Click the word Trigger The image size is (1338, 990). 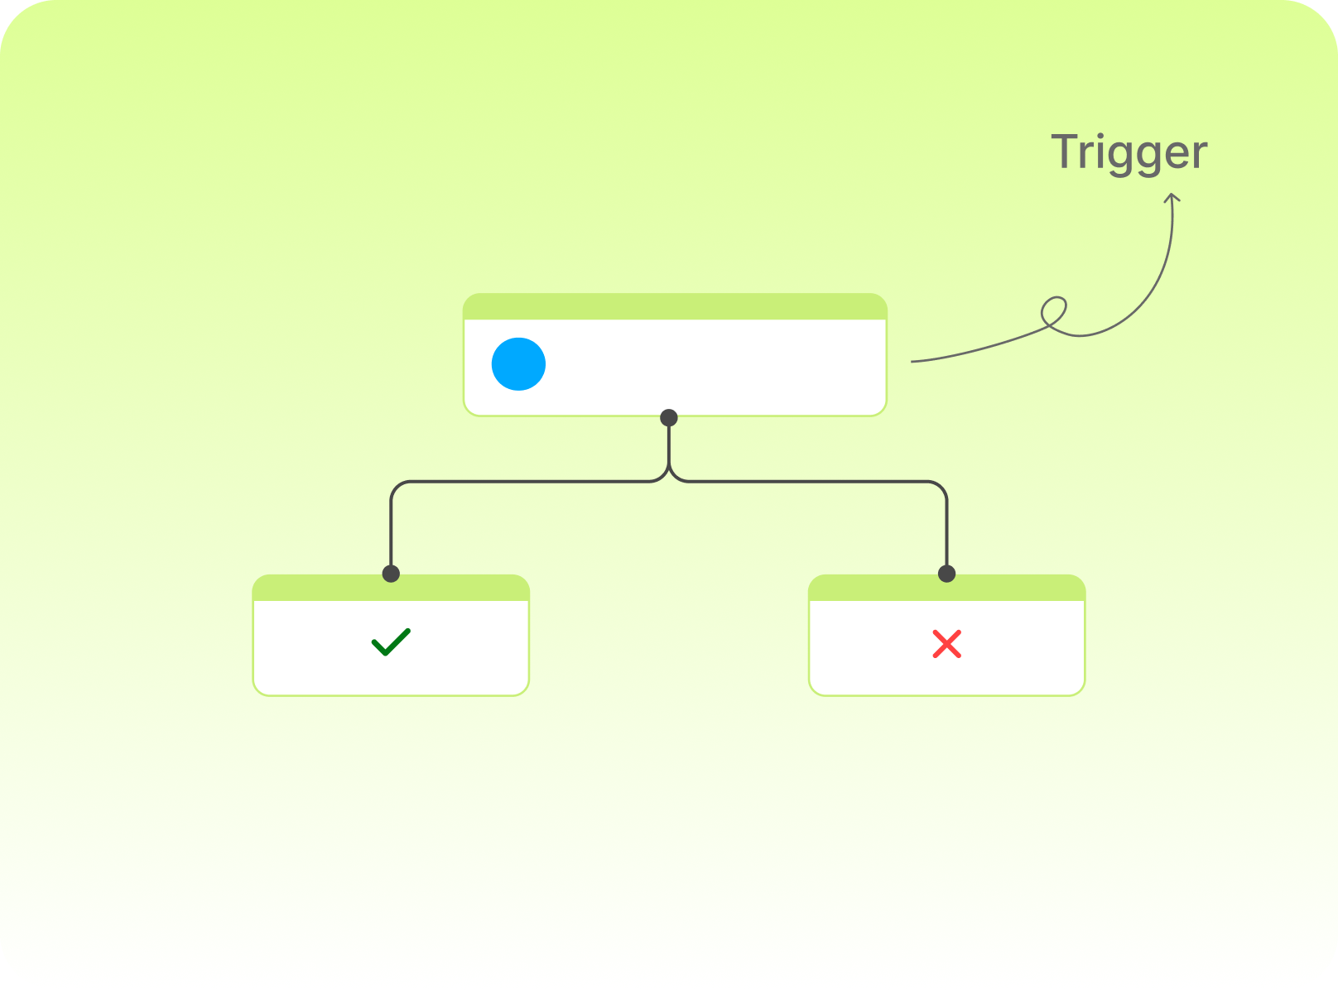[1129, 155]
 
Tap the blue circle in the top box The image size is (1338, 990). [518, 363]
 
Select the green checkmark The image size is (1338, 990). [391, 642]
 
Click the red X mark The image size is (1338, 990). [946, 644]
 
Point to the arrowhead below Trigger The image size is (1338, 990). [1172, 197]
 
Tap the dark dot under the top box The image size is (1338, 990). [668, 417]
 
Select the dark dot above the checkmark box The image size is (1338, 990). [391, 573]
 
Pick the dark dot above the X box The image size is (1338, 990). [946, 573]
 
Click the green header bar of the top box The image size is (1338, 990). [675, 306]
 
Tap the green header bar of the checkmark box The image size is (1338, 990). [391, 588]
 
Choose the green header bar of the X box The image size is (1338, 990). [946, 588]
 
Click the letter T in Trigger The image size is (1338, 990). [1064, 151]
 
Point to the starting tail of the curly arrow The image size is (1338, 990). [912, 362]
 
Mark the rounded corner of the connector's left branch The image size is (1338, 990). [397, 488]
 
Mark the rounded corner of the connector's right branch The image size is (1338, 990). [941, 488]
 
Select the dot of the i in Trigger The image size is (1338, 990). [1100, 136]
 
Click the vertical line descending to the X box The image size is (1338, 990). [946, 533]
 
